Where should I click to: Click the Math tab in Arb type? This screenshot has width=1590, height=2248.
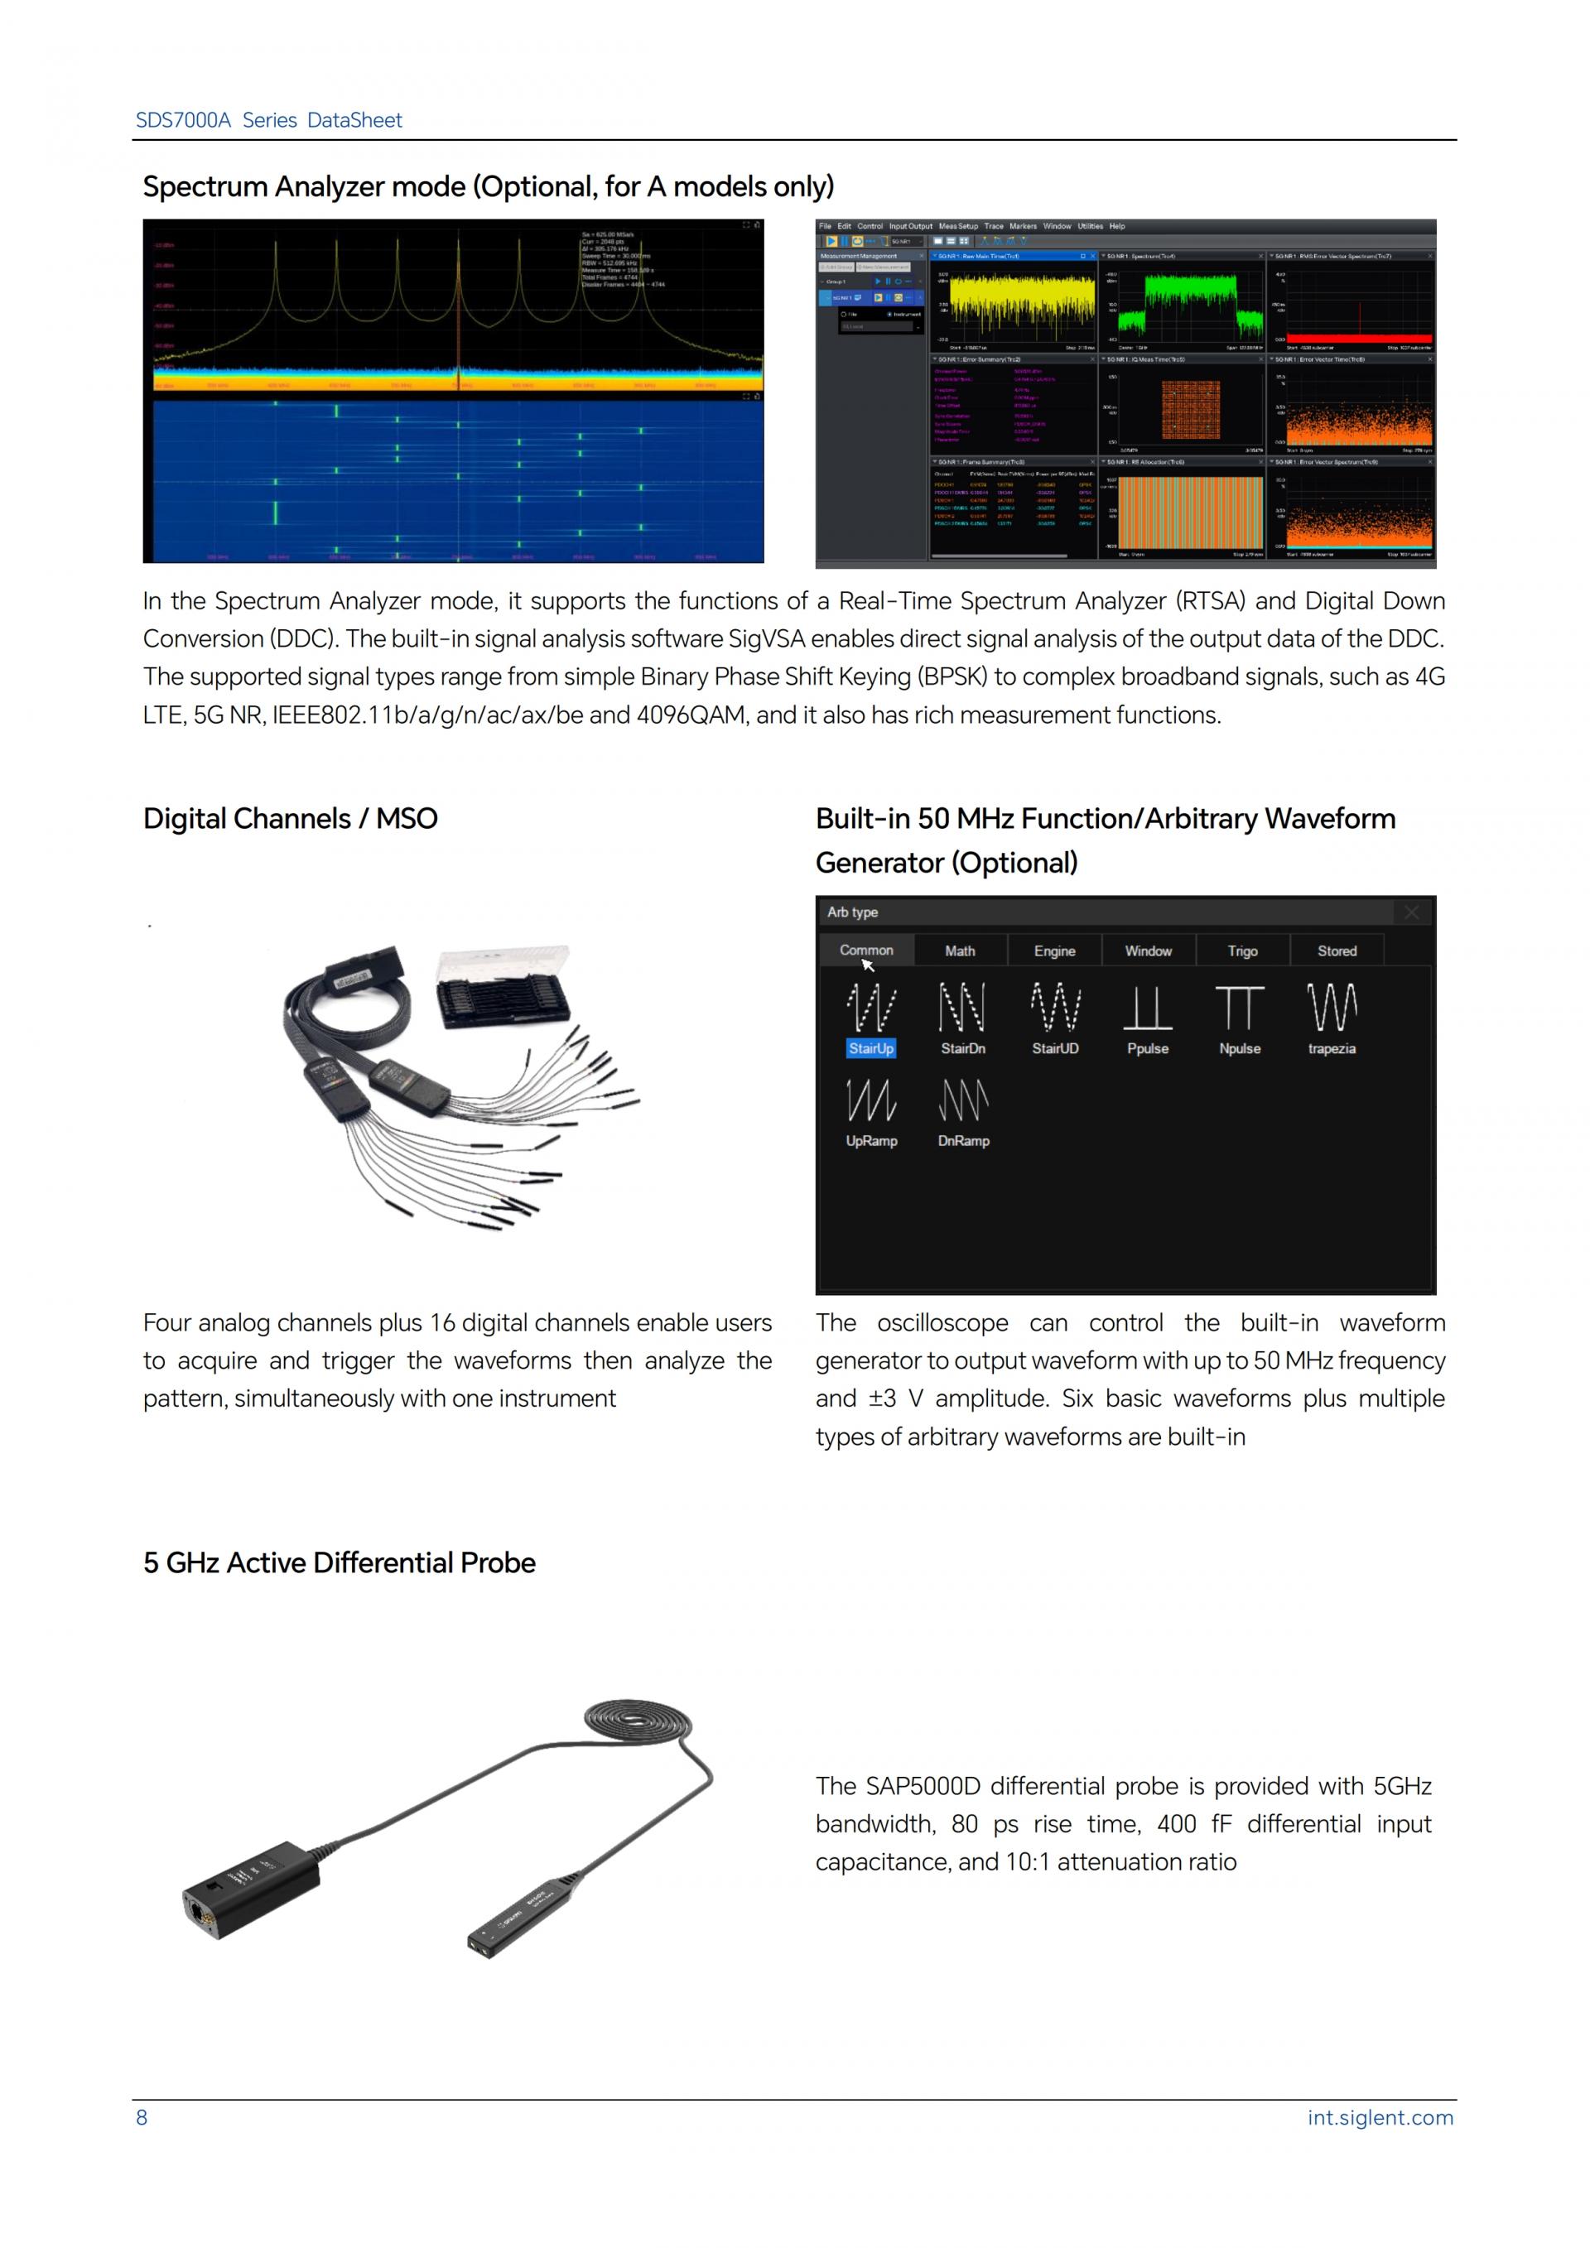tap(960, 951)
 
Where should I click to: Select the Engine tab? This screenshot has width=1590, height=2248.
tap(1054, 951)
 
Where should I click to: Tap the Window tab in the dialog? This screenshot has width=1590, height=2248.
tap(1148, 951)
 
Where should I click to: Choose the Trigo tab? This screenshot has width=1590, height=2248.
tap(1242, 951)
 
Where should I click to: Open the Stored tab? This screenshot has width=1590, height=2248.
tap(1337, 951)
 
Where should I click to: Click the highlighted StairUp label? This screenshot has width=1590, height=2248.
tap(870, 1048)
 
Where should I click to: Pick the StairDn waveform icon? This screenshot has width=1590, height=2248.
tap(962, 1008)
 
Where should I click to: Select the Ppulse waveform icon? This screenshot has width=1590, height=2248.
tap(1148, 1008)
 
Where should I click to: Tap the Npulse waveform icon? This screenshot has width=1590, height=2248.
tap(1240, 1008)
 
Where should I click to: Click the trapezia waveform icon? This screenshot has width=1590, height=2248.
tap(1332, 1008)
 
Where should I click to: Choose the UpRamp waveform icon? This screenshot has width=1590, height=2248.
tap(870, 1100)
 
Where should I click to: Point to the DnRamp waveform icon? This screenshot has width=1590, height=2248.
tap(963, 1100)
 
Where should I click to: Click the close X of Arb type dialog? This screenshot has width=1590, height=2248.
tap(1412, 912)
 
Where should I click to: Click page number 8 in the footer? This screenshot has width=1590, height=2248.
tap(142, 2118)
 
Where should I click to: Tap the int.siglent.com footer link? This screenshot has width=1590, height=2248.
tap(1380, 2118)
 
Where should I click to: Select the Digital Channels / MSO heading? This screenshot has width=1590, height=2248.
tap(290, 819)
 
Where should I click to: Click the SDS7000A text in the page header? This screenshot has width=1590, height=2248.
tap(183, 120)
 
